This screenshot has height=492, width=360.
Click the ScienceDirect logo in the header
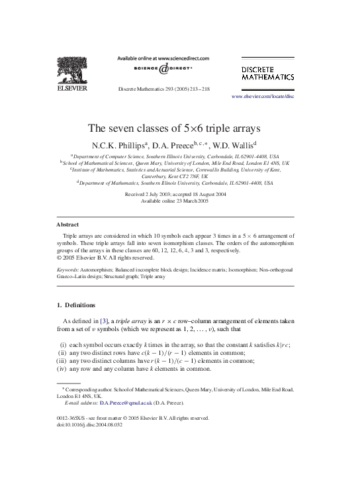click(163, 69)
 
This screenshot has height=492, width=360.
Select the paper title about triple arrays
click(179, 128)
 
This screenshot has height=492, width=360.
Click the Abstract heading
click(67, 224)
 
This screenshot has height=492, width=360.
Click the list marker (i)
click(63, 346)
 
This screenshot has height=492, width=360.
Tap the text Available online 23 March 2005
click(175, 201)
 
